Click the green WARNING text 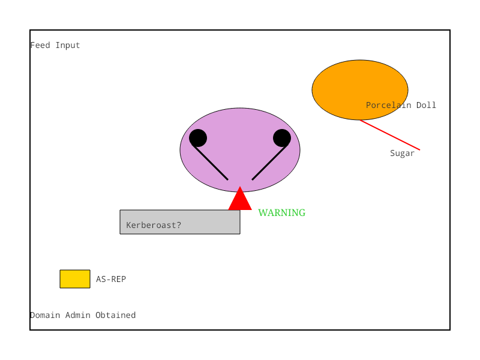click(x=281, y=212)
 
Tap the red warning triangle click(x=240, y=200)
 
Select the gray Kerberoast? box click(x=179, y=222)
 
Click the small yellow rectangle click(x=75, y=279)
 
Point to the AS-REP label click(x=111, y=279)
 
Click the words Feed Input click(x=55, y=46)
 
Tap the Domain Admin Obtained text click(x=83, y=315)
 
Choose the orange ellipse click(x=360, y=89)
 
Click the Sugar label click(x=402, y=153)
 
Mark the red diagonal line click(x=390, y=135)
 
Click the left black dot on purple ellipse click(x=198, y=138)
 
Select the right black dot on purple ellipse click(x=282, y=138)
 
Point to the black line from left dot click(x=210, y=162)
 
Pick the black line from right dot click(x=270, y=162)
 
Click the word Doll click(x=426, y=105)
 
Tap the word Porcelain click(x=388, y=105)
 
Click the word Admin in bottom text click(x=78, y=315)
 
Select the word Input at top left click(x=68, y=46)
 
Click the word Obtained click(x=115, y=315)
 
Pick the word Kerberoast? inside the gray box click(x=154, y=226)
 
